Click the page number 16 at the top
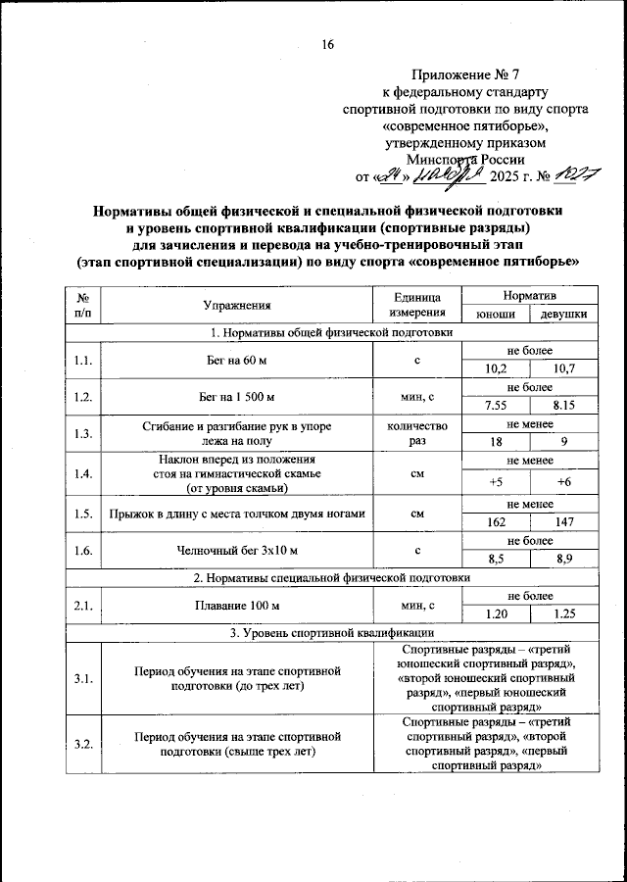coord(328,44)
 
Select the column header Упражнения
coord(237,307)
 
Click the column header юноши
coord(496,315)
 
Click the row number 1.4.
coord(83,474)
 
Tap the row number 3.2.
coord(83,745)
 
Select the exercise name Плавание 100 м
coord(237,606)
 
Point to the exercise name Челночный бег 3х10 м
coord(237,551)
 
